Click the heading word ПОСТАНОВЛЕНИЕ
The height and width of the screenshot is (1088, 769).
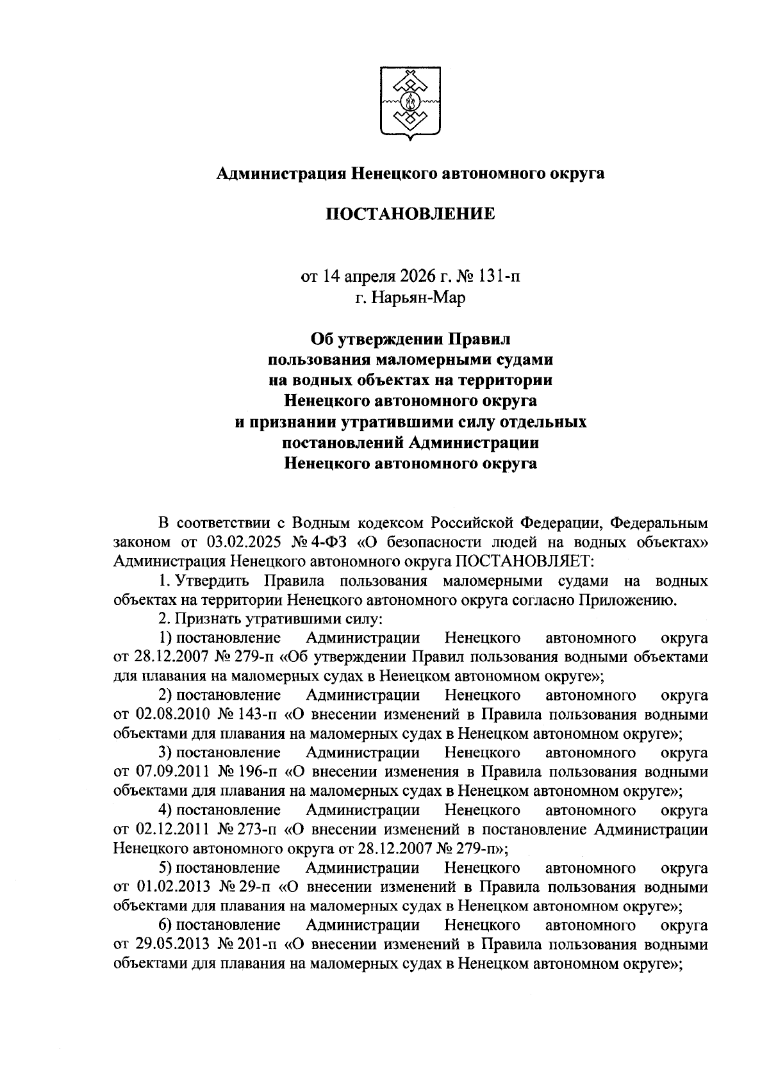tap(411, 213)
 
